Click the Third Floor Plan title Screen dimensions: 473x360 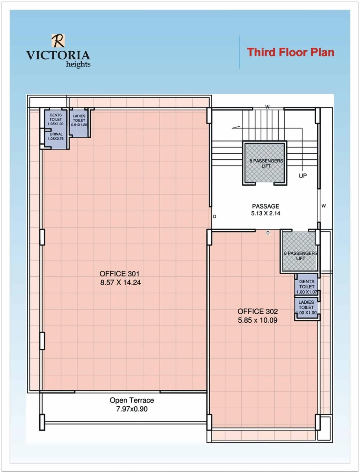point(290,52)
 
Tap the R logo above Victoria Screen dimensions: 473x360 point(58,40)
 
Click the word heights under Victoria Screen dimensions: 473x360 point(78,64)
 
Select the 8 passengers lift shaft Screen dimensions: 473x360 point(265,163)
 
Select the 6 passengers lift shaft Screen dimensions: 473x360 point(299,252)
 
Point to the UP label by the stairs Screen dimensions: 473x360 point(303,176)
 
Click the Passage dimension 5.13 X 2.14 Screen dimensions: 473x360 point(265,213)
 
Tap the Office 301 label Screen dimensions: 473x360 point(119,274)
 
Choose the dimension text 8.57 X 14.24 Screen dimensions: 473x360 point(120,282)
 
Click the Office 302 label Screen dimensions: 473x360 point(258,311)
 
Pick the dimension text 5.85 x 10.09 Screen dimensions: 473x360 point(258,320)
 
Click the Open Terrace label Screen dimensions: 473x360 point(132,400)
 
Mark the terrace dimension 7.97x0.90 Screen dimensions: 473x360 point(132,409)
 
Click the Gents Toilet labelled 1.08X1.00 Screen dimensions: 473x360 point(56,119)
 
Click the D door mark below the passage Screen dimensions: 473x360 point(268,233)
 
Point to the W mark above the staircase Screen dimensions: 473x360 point(267,107)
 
